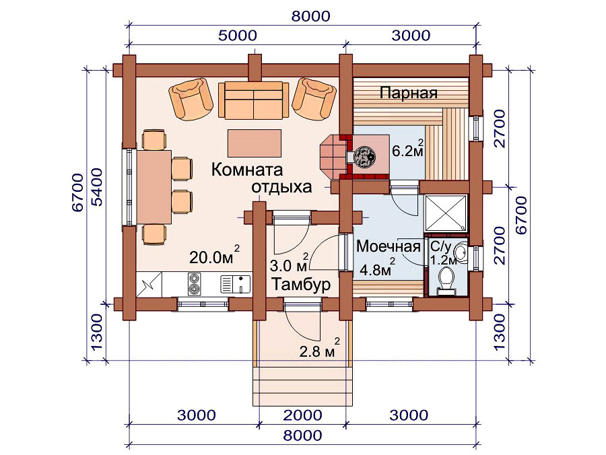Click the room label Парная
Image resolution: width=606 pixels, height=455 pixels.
[409, 93]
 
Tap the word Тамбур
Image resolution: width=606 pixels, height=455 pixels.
[301, 284]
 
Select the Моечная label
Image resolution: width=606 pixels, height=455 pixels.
[388, 246]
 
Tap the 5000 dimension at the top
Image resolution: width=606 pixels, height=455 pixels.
[238, 36]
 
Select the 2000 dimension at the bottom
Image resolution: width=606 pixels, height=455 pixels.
[302, 415]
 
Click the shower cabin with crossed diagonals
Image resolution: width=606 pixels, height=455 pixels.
[446, 213]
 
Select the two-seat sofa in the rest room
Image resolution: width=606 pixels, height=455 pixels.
[254, 100]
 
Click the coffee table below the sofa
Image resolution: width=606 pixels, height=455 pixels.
[255, 143]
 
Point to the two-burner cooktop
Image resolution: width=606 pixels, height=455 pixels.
[194, 283]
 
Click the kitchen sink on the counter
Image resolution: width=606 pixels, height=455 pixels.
[235, 284]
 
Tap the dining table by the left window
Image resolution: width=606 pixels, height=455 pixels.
[154, 187]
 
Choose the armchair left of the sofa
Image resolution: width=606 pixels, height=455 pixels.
[191, 99]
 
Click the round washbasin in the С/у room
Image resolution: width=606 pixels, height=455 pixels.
[461, 253]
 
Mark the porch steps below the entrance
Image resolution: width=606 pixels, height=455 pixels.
[303, 386]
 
